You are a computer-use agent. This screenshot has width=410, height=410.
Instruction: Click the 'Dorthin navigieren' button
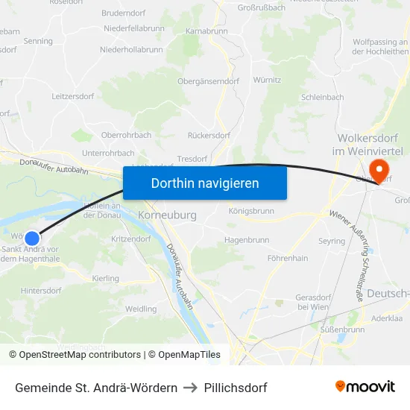pos(205,183)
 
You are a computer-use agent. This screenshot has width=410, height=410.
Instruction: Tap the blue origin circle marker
pos(32,238)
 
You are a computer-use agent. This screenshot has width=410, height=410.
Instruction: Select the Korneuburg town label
pos(167,215)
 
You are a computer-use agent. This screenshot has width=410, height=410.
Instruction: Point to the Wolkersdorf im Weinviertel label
pos(370,145)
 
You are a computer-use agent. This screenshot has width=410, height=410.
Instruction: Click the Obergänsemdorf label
pos(208,81)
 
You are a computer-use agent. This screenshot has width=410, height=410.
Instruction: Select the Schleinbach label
pos(322,97)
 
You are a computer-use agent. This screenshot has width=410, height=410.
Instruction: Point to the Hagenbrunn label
pos(246,240)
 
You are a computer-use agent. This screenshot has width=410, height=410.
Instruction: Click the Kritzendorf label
pos(130,239)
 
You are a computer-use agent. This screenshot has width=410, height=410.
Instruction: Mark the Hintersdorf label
pos(42,291)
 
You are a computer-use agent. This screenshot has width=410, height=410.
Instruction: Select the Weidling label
pos(141,309)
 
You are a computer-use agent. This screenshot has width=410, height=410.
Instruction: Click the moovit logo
pos(365,387)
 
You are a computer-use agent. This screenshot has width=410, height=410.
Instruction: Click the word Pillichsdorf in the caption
pos(235,388)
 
